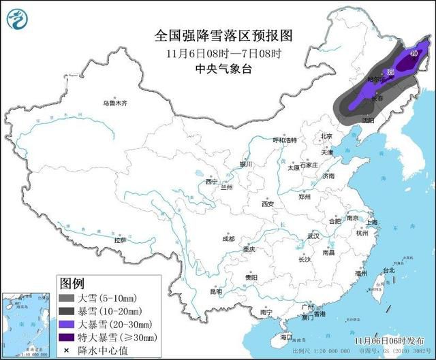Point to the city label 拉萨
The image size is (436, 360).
click(x=121, y=240)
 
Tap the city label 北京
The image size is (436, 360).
click(x=326, y=136)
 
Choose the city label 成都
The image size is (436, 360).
click(x=228, y=239)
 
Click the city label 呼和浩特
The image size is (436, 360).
click(x=285, y=140)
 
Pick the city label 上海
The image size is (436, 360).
click(x=371, y=222)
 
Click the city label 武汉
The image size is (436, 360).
click(x=313, y=235)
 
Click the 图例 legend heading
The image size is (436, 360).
click(x=72, y=282)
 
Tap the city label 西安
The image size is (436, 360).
click(x=267, y=204)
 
